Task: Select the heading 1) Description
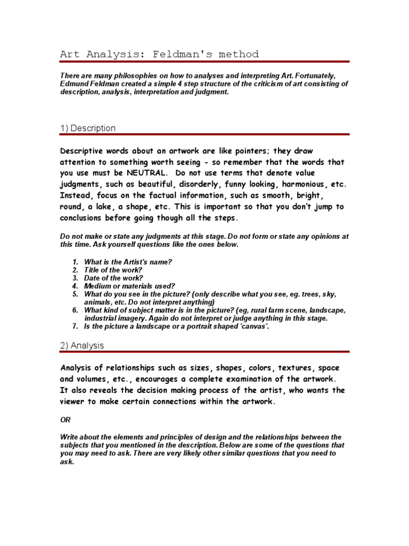coord(87,128)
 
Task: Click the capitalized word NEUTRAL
coord(148,173)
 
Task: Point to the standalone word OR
coord(65,420)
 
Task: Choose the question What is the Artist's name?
coord(128,262)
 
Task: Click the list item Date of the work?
coord(113,278)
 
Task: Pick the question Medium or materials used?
coord(129,286)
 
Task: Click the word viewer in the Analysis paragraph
coord(74,402)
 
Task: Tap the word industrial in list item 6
coord(102,318)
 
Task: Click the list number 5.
coord(76,294)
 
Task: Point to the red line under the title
coord(204,62)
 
